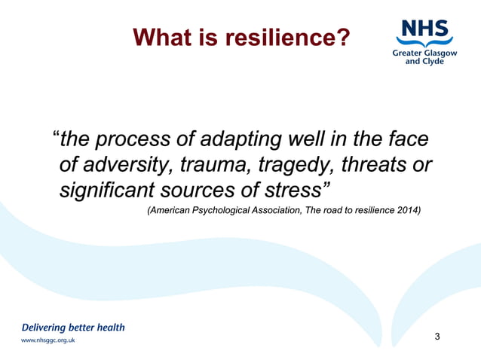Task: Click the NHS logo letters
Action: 424,28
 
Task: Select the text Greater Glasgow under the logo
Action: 424,53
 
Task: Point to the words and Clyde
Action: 424,62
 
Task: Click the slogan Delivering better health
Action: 73,328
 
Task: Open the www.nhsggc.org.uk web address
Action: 48,340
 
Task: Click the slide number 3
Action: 437,336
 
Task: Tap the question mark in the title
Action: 342,37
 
